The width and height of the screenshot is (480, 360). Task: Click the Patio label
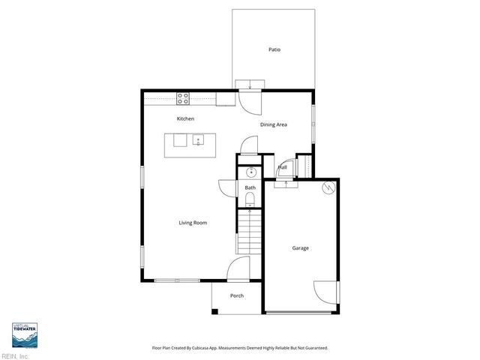tap(275, 50)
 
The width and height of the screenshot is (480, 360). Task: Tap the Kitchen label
tap(185, 119)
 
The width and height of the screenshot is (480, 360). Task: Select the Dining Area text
tap(274, 124)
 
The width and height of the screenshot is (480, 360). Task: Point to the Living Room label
tap(193, 223)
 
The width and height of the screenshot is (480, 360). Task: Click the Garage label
tap(300, 248)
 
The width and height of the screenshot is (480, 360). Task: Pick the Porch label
tap(237, 295)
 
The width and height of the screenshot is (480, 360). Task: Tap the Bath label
tap(250, 188)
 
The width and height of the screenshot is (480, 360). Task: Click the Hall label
tap(283, 168)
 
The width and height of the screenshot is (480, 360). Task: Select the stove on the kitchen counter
tap(183, 98)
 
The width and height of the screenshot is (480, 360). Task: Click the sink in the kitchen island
tap(198, 139)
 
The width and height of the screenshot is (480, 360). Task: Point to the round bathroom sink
tap(250, 172)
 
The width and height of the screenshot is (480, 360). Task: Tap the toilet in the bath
tap(250, 199)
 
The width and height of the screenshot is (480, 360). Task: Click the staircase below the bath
tap(249, 233)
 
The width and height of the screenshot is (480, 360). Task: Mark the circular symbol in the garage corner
tap(327, 187)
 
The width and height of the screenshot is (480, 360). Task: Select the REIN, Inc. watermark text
tap(15, 355)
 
